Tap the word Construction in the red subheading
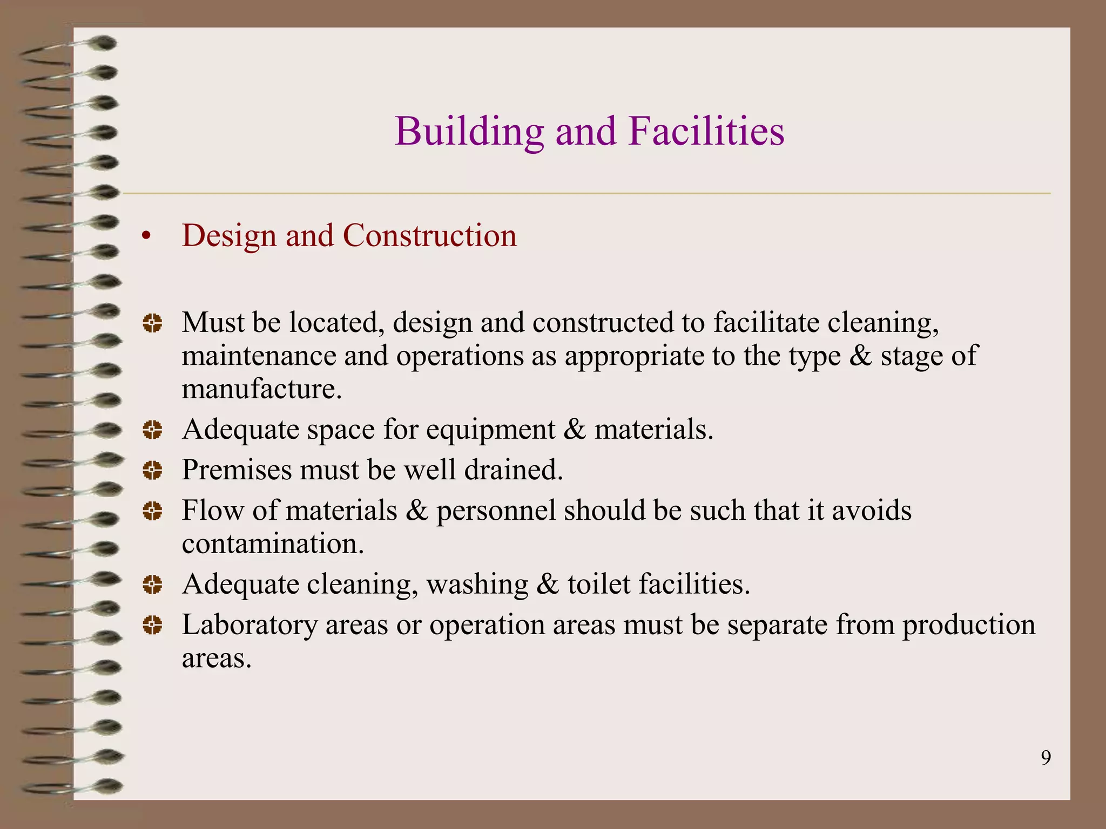pos(430,236)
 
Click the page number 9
pos(1046,758)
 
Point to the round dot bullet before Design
pos(145,237)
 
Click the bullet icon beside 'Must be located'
pos(152,323)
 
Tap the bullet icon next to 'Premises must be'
pos(152,471)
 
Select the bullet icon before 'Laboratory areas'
pos(152,626)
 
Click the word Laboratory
pos(249,626)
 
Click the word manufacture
pos(262,389)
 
